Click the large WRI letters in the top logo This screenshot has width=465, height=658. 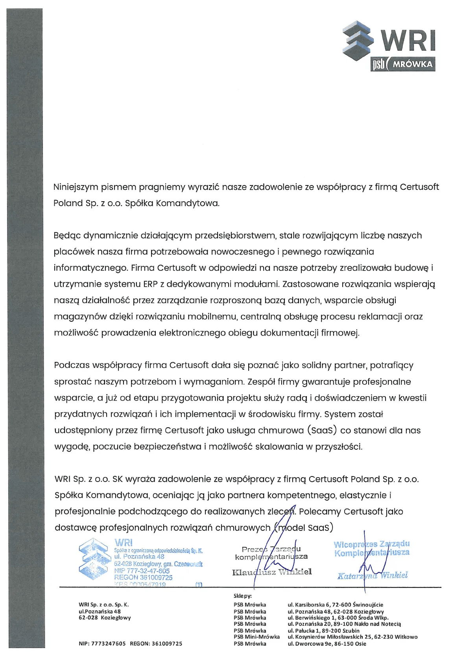pyautogui.click(x=408, y=41)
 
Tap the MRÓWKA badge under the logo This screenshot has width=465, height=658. pyautogui.click(x=412, y=64)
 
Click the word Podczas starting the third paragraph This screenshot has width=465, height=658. pyautogui.click(x=72, y=365)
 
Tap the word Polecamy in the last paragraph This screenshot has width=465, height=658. pyautogui.click(x=319, y=512)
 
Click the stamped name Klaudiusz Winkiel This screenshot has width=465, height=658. pyautogui.click(x=272, y=572)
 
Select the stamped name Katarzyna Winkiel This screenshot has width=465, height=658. pyautogui.click(x=372, y=575)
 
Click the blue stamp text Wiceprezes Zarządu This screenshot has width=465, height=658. pyautogui.click(x=371, y=544)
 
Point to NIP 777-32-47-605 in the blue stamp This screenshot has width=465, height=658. pyautogui.click(x=142, y=571)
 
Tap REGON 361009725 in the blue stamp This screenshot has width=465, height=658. pyautogui.click(x=143, y=578)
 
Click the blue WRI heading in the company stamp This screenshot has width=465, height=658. pyautogui.click(x=124, y=543)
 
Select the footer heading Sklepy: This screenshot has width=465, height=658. pyautogui.click(x=242, y=596)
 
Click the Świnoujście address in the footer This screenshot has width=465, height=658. pyautogui.click(x=335, y=605)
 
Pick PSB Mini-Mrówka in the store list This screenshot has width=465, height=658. pyautogui.click(x=256, y=637)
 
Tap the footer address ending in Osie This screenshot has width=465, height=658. pyautogui.click(x=327, y=644)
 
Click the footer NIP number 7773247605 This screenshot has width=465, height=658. pyautogui.click(x=102, y=644)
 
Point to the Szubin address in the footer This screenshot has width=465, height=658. pyautogui.click(x=323, y=630)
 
